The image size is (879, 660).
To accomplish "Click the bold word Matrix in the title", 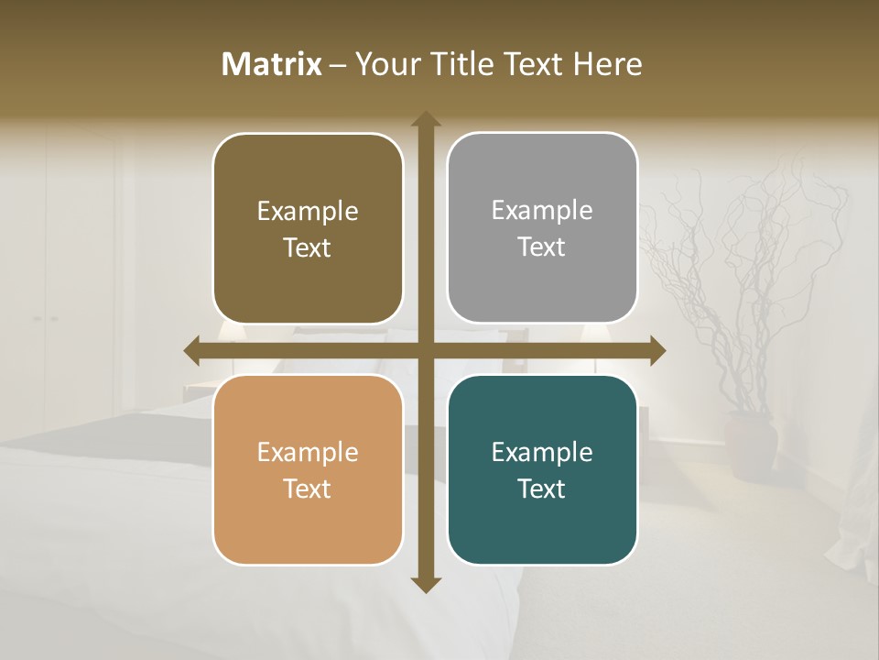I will (272, 64).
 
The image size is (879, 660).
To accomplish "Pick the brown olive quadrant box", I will (308, 229).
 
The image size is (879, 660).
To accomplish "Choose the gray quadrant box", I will (542, 228).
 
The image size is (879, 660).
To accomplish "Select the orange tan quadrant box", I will (308, 469).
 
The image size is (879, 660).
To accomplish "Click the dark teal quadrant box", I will (542, 469).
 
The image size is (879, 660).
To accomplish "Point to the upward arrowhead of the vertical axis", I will (426, 119).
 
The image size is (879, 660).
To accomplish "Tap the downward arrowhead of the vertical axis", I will (426, 584).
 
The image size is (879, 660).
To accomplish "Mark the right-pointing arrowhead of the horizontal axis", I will (657, 350).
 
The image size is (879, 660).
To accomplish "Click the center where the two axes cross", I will (426, 350).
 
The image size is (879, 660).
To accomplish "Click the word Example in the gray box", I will (542, 211).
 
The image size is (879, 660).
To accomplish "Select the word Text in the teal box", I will (542, 489).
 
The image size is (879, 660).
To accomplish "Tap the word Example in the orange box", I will (308, 452).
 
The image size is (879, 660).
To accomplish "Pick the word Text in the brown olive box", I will (308, 248).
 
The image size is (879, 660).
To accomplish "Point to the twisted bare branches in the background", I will (732, 275).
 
